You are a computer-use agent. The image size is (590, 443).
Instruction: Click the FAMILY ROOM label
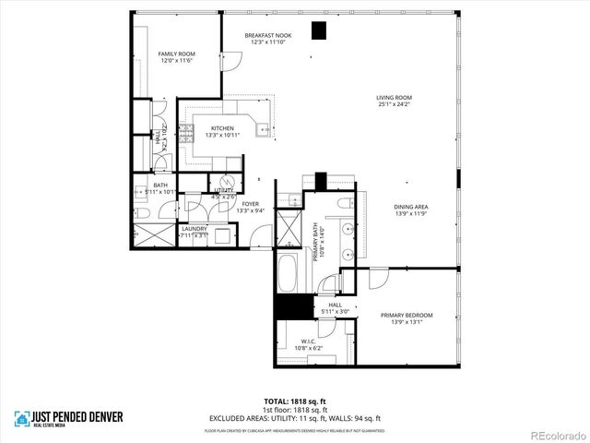175,54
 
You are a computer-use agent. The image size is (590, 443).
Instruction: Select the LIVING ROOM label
393,98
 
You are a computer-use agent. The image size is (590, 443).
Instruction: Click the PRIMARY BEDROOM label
407,316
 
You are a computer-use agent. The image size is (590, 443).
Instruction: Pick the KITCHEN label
222,128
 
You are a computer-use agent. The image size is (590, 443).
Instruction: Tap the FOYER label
251,204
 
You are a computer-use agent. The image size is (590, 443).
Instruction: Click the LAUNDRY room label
194,228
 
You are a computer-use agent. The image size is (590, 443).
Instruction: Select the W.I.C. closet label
309,341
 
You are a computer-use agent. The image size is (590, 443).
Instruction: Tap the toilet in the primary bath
343,203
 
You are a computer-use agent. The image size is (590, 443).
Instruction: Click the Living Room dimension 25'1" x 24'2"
393,104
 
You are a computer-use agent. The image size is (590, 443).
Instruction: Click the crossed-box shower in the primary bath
287,226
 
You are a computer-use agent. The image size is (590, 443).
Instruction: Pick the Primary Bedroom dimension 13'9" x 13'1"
407,322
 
